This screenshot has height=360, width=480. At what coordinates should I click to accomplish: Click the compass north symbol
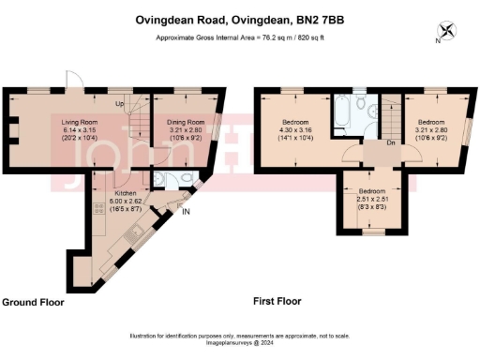point(447,29)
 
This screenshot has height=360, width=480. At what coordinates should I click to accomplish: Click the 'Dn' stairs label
point(389,144)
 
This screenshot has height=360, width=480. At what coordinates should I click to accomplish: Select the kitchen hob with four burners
point(97,226)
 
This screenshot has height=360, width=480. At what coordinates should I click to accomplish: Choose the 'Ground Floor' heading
point(32,303)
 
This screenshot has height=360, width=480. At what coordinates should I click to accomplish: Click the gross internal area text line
point(240,37)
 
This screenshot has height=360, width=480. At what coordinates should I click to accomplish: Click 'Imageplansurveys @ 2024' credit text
point(240,343)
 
